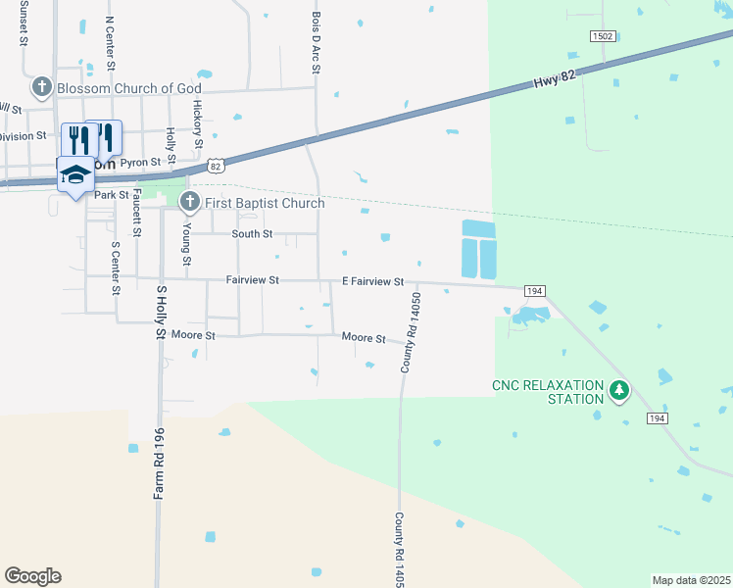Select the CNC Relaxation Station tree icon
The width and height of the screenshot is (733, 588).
tap(618, 391)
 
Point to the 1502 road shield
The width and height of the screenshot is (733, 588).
tap(603, 36)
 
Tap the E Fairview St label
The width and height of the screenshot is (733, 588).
tap(372, 281)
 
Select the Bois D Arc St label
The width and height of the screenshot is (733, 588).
tap(316, 41)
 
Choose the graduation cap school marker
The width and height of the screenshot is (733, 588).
tap(75, 172)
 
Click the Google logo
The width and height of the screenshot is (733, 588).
tap(32, 576)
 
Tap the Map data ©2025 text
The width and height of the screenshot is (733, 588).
tap(690, 580)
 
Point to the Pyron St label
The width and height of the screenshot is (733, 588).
tap(140, 162)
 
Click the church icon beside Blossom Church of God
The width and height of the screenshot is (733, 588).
tap(42, 88)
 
